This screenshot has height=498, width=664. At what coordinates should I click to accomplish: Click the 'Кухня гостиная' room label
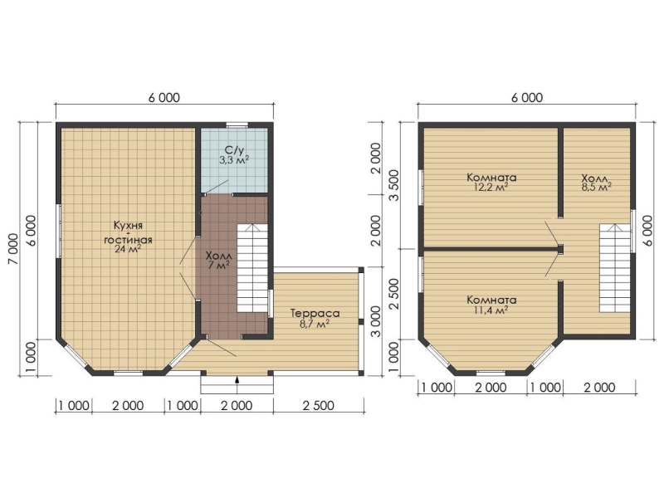pos(128,232)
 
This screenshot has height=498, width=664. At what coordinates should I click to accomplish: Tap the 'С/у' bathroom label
pos(235,149)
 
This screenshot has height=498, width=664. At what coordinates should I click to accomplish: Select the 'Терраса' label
pos(315,314)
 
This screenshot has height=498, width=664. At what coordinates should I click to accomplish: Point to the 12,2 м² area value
pos(491,188)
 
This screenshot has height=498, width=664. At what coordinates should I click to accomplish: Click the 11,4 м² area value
pos(491,310)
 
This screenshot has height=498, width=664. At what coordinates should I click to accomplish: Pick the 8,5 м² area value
pos(596,188)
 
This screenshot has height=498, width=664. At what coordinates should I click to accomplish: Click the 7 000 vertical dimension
pos(12,248)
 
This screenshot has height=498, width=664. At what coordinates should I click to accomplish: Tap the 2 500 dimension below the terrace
pos(319,406)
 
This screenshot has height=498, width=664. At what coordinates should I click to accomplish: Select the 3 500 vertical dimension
pos(393,185)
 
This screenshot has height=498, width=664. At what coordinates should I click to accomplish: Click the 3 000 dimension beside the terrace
pos(375,321)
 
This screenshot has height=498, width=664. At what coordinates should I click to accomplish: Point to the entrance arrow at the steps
pos(237,380)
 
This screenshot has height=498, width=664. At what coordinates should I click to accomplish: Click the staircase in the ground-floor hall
pos(252,268)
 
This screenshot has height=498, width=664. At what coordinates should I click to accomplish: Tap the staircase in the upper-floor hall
pos(615,268)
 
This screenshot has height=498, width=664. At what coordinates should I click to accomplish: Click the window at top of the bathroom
pos(237,125)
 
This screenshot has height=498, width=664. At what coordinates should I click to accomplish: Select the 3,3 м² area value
pos(234,160)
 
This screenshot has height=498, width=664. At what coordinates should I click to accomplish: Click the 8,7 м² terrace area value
pos(315,324)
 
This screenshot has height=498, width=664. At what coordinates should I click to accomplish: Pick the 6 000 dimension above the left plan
pos(164,98)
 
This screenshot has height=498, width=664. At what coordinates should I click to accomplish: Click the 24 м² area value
pos(128,249)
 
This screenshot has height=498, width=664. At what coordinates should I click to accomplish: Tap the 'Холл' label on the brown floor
pos(219,256)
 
